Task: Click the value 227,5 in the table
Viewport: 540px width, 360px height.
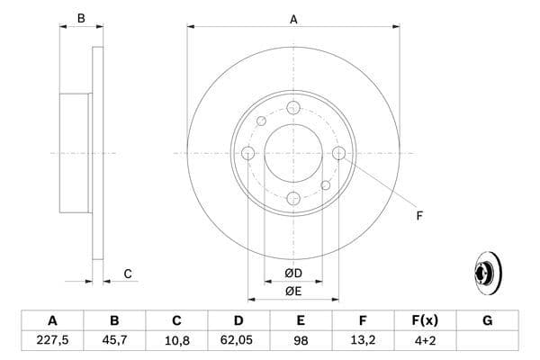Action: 52,341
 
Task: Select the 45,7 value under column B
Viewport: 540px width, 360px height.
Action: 114,341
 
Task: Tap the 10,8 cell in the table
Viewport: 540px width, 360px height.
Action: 176,341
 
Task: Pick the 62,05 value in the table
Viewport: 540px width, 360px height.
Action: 238,341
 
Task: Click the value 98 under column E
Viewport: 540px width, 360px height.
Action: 301,341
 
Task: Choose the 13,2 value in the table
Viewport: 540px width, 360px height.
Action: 363,341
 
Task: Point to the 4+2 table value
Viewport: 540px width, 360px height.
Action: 425,341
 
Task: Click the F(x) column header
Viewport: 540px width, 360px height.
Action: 425,320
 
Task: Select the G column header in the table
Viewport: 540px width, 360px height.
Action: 487,320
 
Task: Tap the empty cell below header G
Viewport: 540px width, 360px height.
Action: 487,341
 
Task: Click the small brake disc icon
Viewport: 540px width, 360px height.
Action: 485,272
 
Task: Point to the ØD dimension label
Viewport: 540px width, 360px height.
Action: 293,273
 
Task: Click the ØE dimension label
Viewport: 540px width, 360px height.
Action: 293,291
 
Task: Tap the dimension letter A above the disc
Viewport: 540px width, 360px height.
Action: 293,18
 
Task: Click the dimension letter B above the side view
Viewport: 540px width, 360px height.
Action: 80,18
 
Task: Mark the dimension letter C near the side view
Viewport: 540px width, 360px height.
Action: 128,274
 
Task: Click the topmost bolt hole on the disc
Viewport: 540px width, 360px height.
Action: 293,108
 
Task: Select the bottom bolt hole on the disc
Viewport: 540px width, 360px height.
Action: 293,198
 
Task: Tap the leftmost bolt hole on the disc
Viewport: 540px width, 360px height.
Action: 248,153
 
